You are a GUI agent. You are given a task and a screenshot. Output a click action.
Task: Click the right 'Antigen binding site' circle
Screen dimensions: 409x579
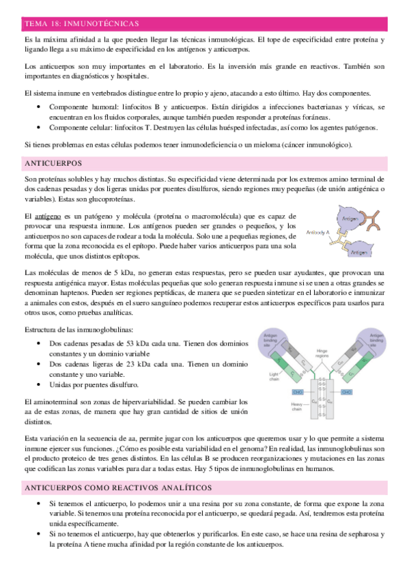coord(380,340)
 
